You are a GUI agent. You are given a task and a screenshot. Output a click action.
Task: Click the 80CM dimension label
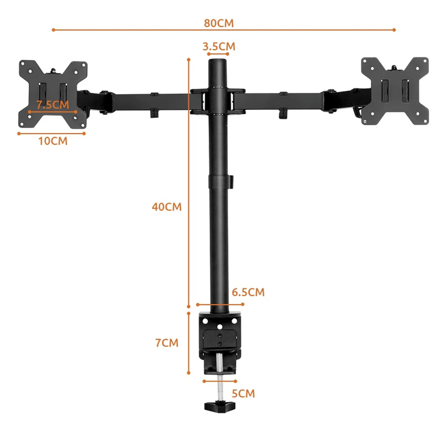click(218, 23)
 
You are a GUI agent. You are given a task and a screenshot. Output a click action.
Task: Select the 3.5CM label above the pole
click(218, 46)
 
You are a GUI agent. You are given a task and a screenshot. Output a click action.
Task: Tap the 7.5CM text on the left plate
click(53, 105)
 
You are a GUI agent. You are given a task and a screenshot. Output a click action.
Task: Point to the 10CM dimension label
click(53, 141)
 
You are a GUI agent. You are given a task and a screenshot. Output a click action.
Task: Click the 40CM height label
click(167, 207)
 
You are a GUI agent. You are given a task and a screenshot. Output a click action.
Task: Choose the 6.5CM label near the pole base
click(248, 292)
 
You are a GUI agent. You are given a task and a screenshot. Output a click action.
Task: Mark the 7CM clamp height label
click(167, 343)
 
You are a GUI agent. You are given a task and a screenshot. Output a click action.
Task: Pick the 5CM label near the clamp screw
click(243, 393)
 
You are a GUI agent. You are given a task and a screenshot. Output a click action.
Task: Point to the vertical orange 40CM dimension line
click(189, 151)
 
